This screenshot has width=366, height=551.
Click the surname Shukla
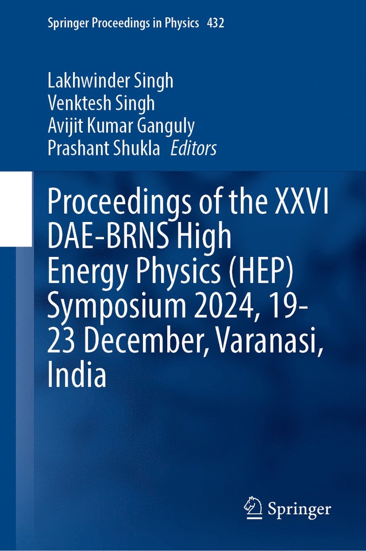pyautogui.click(x=139, y=148)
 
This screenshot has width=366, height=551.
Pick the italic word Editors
pyautogui.click(x=194, y=148)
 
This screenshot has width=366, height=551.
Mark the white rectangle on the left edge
pyautogui.click(x=16, y=209)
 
